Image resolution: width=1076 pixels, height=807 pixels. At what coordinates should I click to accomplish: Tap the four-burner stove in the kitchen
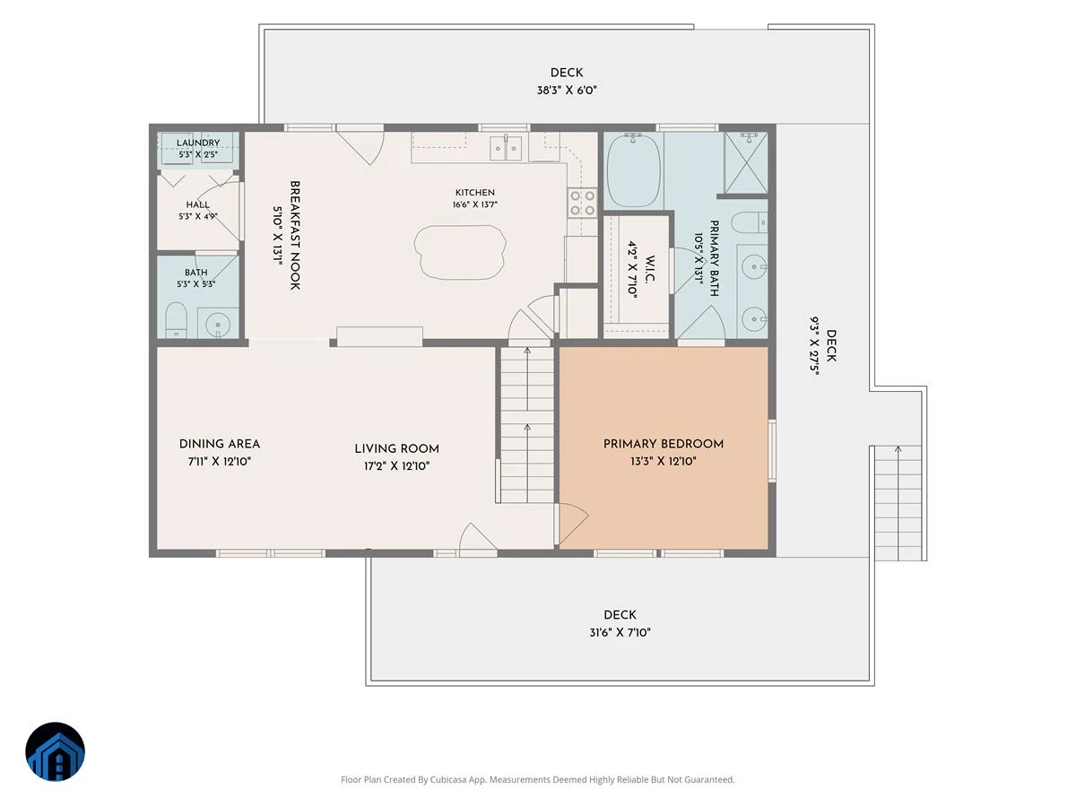[x=582, y=203]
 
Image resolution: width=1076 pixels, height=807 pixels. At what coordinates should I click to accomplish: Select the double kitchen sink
[x=506, y=148]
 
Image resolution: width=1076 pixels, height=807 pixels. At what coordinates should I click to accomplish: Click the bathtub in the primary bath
[x=633, y=170]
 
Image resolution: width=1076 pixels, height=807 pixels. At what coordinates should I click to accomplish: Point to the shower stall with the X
[x=746, y=162]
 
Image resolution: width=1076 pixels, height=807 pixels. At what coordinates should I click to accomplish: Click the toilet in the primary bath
[x=750, y=223]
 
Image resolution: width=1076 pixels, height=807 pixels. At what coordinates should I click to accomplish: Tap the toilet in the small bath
[x=177, y=320]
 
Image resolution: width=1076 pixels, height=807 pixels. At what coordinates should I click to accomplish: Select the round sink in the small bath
[x=218, y=324]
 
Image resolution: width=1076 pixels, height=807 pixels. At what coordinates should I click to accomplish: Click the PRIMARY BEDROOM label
[x=664, y=444]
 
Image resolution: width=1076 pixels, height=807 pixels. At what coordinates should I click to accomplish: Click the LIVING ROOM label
[x=396, y=449]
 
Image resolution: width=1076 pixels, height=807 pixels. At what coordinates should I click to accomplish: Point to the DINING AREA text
[x=219, y=444]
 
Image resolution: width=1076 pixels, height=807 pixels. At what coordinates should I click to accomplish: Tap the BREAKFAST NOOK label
[x=295, y=235]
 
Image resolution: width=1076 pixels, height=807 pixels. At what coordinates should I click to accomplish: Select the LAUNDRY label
[x=198, y=143]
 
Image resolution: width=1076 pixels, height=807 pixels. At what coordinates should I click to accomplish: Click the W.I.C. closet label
[x=650, y=270]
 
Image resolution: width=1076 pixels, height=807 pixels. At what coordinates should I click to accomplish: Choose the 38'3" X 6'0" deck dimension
[x=567, y=91]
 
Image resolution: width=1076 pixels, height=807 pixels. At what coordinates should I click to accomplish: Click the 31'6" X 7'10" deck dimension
[x=620, y=632]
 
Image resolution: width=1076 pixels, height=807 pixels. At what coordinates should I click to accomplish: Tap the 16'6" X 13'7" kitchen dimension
[x=474, y=204]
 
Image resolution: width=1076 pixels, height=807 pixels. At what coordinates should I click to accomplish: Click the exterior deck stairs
[x=898, y=503]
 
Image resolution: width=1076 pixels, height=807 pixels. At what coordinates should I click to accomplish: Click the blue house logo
[x=55, y=751]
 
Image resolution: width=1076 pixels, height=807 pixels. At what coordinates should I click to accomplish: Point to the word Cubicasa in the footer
[x=449, y=779]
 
